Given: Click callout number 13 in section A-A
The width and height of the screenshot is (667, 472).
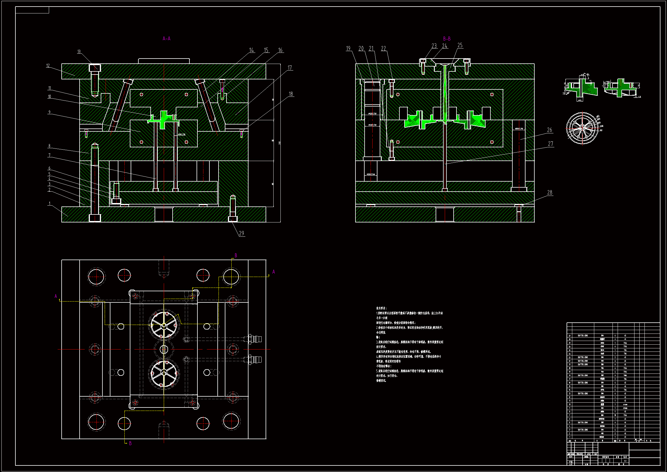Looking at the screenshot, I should point(79,52).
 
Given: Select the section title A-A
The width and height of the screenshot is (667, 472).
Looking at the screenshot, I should point(166,38).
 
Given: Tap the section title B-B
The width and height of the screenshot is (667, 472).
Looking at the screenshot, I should point(447,39).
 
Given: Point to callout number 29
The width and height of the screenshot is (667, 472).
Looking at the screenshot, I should point(241,233).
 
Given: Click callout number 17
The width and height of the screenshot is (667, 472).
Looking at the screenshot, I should point(290,68).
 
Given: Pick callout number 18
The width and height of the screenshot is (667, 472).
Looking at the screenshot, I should point(291,94).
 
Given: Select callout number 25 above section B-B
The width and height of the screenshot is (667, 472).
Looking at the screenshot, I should point(460,45).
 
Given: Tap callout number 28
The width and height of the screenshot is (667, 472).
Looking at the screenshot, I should point(550,192).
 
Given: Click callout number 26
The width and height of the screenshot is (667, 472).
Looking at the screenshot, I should point(550,130).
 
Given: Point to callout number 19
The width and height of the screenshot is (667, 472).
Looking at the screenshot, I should point(348,49).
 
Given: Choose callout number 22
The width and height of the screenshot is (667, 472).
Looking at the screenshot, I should point(383,49).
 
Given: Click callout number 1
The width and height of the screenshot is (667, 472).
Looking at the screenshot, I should point(50,204).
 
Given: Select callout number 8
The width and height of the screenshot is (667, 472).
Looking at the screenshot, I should point(49,146).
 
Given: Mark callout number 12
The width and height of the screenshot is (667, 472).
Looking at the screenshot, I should point(48,66).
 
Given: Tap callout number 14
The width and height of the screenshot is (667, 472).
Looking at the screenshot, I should point(252,50).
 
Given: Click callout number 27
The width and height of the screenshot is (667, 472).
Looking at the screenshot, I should point(551,144).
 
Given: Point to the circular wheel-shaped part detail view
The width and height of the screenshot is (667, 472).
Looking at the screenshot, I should point(582,128).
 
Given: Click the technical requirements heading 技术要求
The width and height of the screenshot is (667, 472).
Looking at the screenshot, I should point(381,308).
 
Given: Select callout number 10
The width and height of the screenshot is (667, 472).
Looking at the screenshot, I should point(49,97).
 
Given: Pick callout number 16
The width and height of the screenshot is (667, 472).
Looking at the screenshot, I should point(280,50).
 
